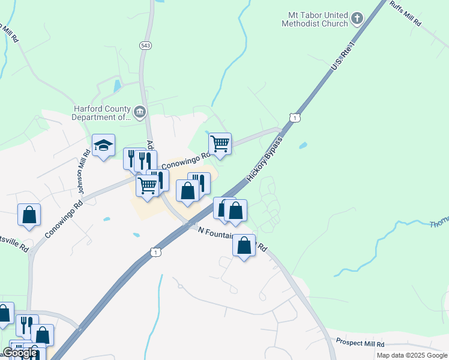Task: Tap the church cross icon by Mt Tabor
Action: click(x=357, y=19)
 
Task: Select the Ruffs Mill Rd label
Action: click(x=406, y=13)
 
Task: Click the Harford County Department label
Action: click(x=101, y=113)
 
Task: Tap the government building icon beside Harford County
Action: click(x=140, y=112)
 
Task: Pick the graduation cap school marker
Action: click(x=103, y=145)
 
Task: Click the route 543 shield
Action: click(x=145, y=46)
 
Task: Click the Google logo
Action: click(x=20, y=353)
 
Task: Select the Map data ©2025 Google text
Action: click(x=411, y=355)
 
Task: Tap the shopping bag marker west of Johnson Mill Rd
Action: click(x=29, y=215)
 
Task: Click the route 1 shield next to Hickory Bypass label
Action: click(x=294, y=118)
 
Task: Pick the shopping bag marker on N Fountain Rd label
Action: click(x=244, y=245)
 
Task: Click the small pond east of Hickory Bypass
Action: click(x=303, y=145)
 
